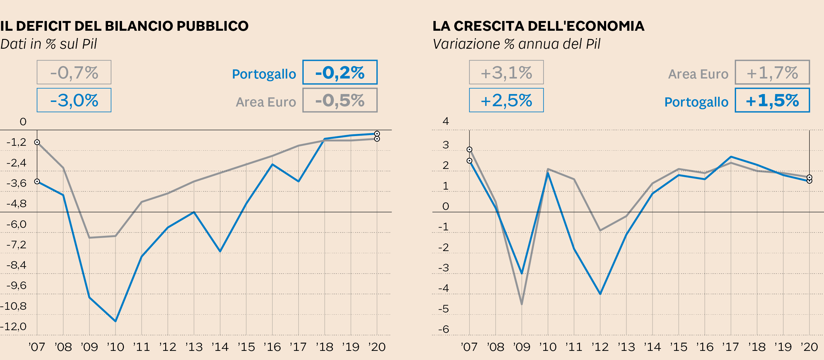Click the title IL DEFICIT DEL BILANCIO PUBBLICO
[124, 26]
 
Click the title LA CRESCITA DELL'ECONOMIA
[538, 26]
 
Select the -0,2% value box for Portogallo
[340, 72]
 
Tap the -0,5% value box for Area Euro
[340, 100]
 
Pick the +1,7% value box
[772, 72]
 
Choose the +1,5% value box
[772, 100]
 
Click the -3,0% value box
[74, 100]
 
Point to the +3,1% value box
[506, 72]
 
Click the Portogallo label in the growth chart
[696, 102]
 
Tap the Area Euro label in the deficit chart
[266, 102]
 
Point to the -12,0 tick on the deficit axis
[13, 327]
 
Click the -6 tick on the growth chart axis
[444, 329]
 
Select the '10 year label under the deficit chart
[115, 347]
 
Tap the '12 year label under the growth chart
[600, 347]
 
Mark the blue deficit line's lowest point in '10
[115, 321]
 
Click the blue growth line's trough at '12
[600, 294]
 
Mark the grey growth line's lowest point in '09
[522, 304]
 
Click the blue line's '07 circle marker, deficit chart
[37, 181]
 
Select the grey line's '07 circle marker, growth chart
[469, 149]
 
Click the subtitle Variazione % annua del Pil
[517, 44]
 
